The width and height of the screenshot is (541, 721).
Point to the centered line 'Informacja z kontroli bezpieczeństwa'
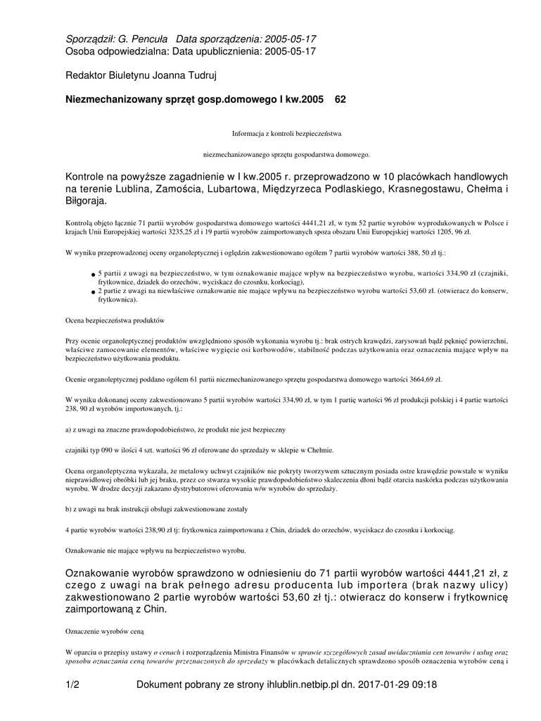click(x=286, y=132)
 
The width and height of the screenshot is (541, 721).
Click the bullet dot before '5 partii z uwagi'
click(x=93, y=274)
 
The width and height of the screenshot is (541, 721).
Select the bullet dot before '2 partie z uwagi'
click(x=93, y=291)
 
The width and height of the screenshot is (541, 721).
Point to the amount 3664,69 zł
click(x=419, y=379)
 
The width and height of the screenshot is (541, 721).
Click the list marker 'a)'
click(x=69, y=429)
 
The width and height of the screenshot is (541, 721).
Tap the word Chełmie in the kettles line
click(x=319, y=450)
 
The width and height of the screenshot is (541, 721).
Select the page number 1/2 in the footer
click(x=72, y=684)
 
